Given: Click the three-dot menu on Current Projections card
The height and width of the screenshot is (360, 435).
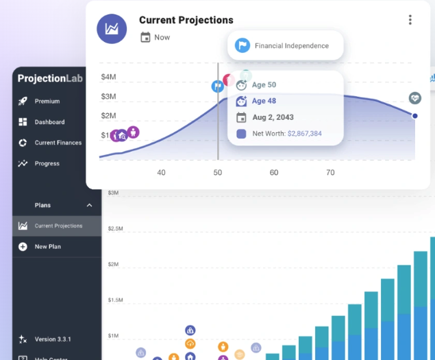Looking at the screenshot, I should [410, 20].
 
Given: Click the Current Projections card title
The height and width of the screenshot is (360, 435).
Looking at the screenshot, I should [186, 20].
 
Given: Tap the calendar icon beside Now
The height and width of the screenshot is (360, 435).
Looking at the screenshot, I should [145, 37].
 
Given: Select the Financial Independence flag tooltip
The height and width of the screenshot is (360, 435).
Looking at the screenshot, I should [285, 46].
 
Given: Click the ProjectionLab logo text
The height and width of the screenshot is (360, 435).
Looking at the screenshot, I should [51, 78].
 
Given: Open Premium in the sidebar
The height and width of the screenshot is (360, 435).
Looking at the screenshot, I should [47, 101].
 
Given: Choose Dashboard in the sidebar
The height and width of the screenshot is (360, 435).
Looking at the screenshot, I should [49, 122].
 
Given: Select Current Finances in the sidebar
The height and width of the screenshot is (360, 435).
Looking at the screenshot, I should [58, 143].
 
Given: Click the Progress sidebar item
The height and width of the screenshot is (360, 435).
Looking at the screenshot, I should [47, 163].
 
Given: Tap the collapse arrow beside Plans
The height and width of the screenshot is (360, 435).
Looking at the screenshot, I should [89, 205].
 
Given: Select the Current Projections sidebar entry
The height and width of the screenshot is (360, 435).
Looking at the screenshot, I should [58, 226].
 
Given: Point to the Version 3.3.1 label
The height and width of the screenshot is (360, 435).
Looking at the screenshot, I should [53, 339].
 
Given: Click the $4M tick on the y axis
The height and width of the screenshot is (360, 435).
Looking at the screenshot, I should [108, 77].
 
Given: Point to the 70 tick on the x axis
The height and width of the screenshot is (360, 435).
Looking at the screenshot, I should [330, 172].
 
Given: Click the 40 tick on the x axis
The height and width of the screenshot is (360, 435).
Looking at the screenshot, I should [161, 172].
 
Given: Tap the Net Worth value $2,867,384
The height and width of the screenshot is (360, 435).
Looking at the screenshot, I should [304, 134].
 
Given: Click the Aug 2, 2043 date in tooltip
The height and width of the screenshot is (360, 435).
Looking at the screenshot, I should [273, 117].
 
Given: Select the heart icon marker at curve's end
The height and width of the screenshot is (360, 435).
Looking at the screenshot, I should [414, 99].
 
